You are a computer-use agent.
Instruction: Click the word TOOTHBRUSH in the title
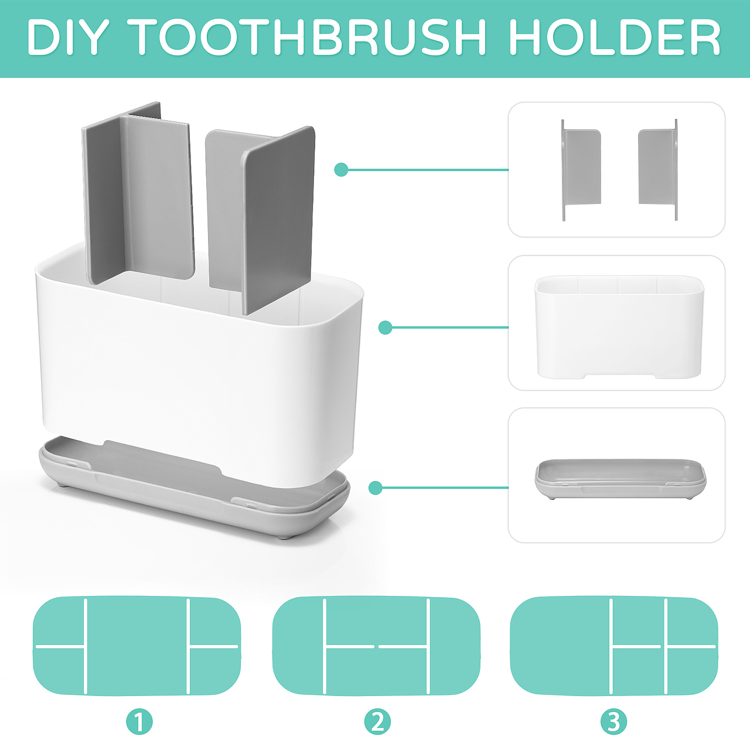(310, 37)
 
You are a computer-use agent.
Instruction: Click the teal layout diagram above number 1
(137, 646)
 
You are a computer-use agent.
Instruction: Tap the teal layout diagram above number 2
(376, 646)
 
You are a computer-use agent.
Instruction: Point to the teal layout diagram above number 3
(614, 646)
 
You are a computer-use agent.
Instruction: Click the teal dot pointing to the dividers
(341, 170)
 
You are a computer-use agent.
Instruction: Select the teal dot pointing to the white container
(386, 328)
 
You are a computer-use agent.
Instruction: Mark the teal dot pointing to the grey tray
(375, 487)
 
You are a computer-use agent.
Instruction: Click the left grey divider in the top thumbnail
(581, 170)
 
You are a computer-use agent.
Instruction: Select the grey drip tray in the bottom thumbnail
(621, 479)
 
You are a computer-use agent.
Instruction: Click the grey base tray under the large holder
(194, 486)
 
